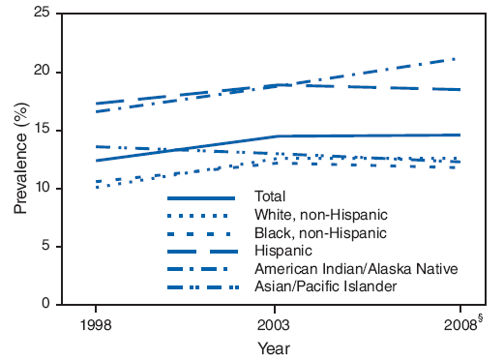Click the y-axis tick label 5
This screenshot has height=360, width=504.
pyautogui.click(x=44, y=247)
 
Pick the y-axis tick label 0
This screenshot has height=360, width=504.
pyautogui.click(x=44, y=305)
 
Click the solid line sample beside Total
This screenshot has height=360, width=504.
pyautogui.click(x=201, y=197)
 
